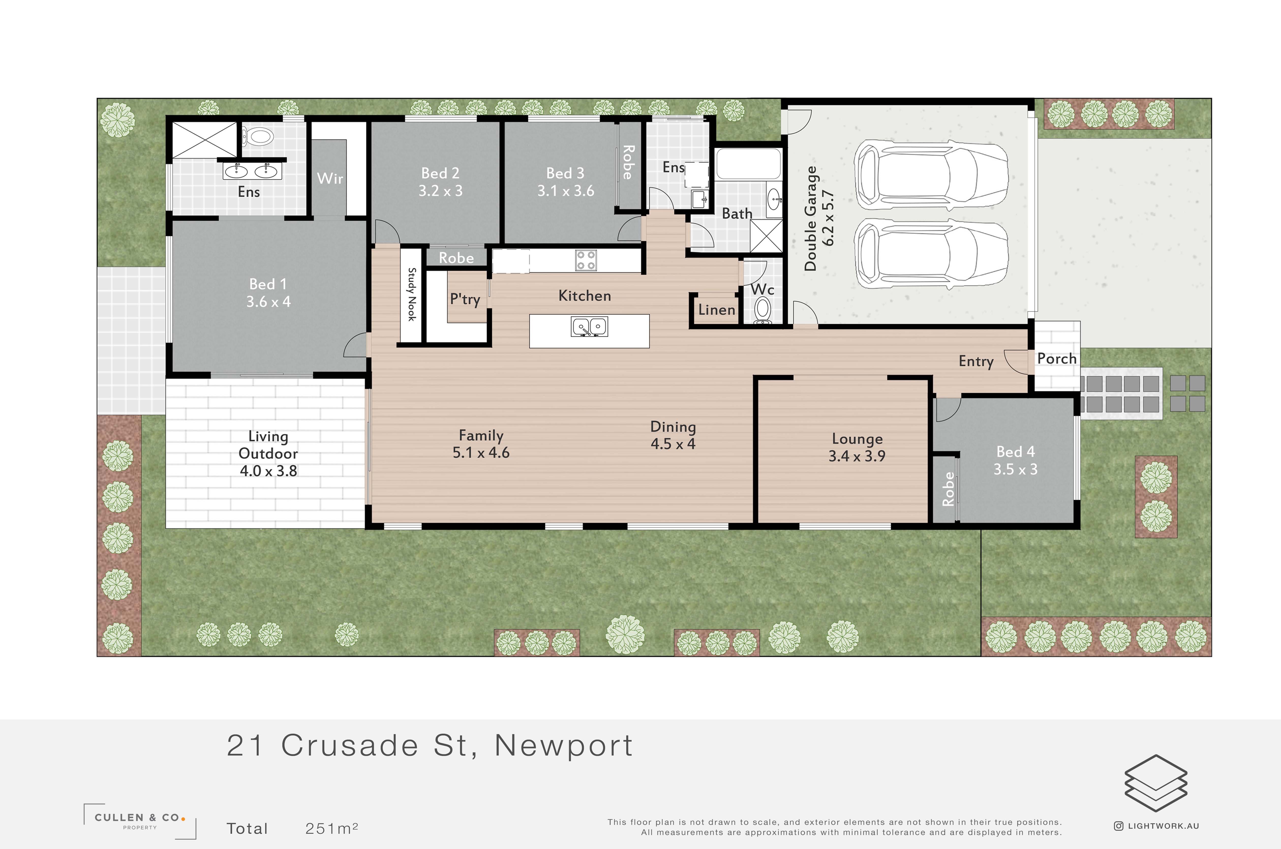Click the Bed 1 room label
pos(268,284)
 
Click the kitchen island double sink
pos(589,327)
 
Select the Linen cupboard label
pos(716,310)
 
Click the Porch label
pos(1056,358)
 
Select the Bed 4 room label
pos(1015,452)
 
